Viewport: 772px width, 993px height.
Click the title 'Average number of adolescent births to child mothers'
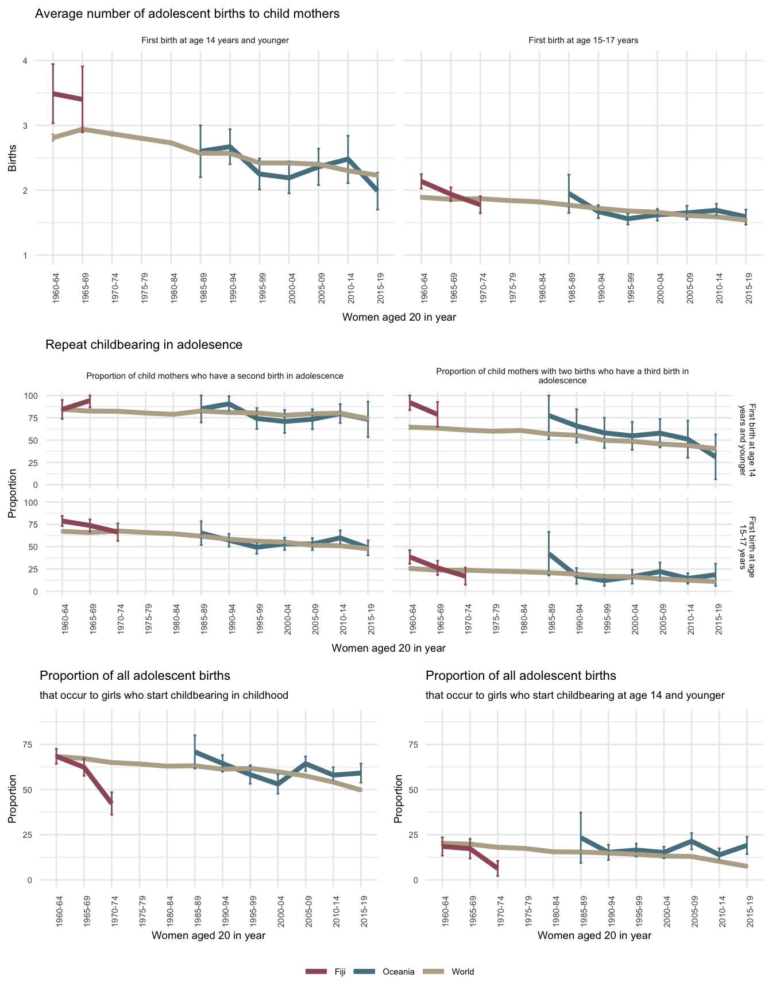(187, 14)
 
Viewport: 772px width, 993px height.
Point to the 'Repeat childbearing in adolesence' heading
(144, 345)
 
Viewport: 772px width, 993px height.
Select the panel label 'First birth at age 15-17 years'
(583, 41)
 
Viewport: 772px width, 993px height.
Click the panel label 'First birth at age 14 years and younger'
(215, 41)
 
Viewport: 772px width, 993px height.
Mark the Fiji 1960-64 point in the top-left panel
(53, 93)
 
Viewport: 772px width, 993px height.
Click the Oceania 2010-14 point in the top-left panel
(348, 159)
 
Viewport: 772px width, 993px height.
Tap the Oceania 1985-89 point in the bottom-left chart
(195, 751)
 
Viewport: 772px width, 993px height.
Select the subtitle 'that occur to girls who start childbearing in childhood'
(164, 695)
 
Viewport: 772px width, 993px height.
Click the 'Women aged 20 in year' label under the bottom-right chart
(595, 936)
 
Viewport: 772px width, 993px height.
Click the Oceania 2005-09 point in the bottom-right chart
(692, 840)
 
